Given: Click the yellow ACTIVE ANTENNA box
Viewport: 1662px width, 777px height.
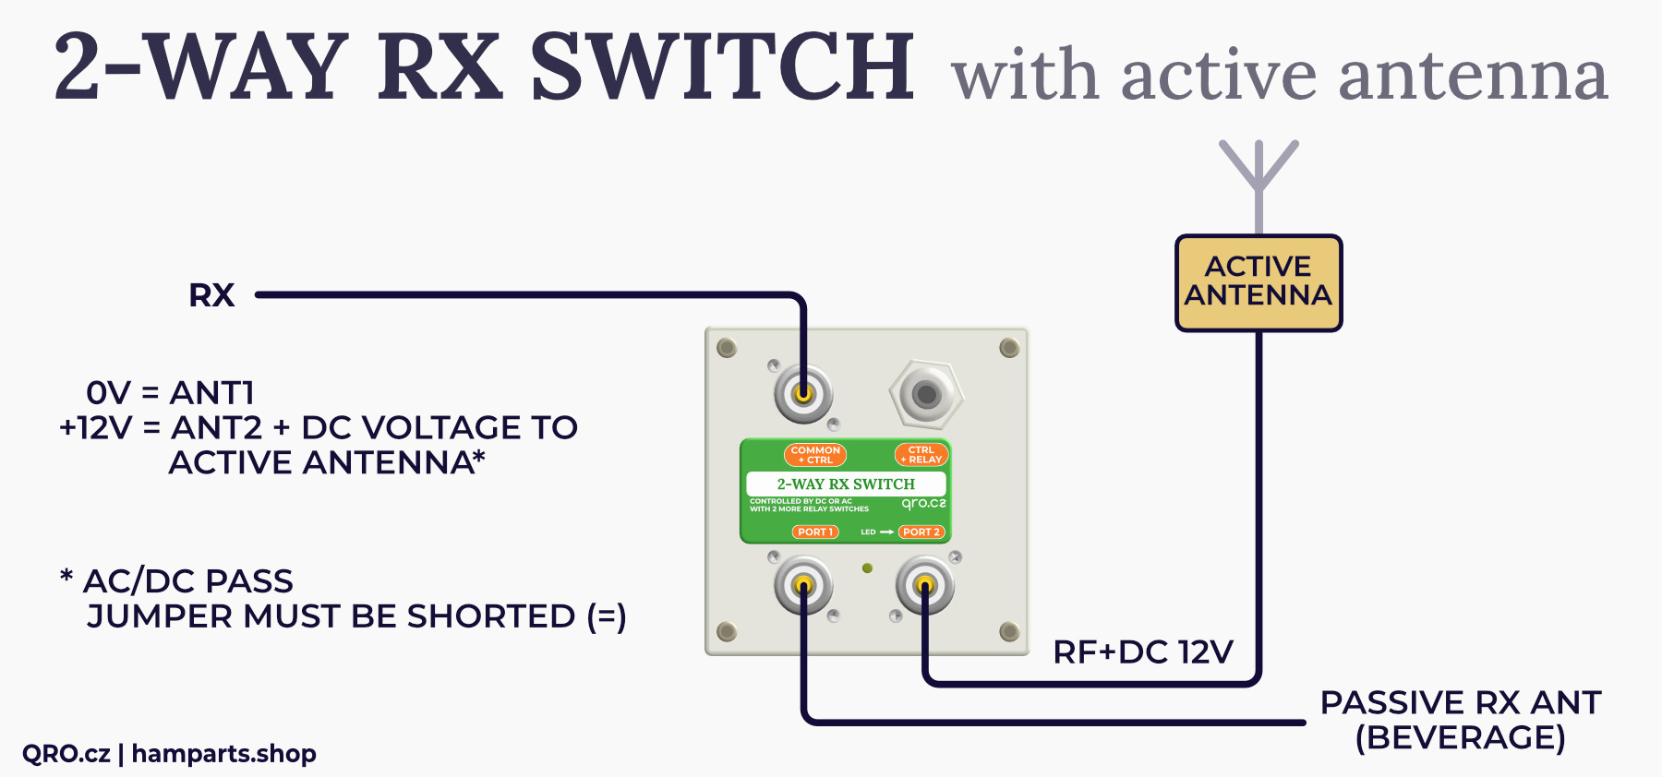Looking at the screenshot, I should point(1258,282).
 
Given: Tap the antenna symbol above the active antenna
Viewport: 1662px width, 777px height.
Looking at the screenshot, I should point(1259,175).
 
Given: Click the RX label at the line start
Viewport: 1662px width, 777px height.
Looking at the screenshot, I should point(211,295).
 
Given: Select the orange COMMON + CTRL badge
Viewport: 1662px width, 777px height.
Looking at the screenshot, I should point(815,455).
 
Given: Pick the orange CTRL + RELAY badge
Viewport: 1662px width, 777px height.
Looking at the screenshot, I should point(921,455).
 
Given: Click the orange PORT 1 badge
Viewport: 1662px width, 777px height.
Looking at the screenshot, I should point(815,532).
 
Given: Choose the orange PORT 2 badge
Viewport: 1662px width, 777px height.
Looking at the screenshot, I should point(921,532).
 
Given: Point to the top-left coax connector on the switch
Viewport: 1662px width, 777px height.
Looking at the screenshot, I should point(803,394).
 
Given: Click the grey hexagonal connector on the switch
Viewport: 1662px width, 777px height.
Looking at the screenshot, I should point(925,395).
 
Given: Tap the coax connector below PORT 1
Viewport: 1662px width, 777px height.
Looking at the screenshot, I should point(803,585).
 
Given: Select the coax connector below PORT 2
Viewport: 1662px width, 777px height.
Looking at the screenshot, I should point(924,585).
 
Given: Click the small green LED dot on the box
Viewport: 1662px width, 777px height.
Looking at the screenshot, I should point(867,568).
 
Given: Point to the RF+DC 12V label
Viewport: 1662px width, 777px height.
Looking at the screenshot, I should point(1143,652).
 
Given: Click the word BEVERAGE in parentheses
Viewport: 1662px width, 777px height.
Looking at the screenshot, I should point(1460,738).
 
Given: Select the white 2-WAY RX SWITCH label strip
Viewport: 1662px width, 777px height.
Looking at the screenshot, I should point(846,484).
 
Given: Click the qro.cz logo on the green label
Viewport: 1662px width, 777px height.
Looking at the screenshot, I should point(923,504).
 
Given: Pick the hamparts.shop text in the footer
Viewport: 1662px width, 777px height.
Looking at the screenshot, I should point(224,754).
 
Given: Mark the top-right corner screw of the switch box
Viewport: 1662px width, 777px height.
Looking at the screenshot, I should point(1009,348).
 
